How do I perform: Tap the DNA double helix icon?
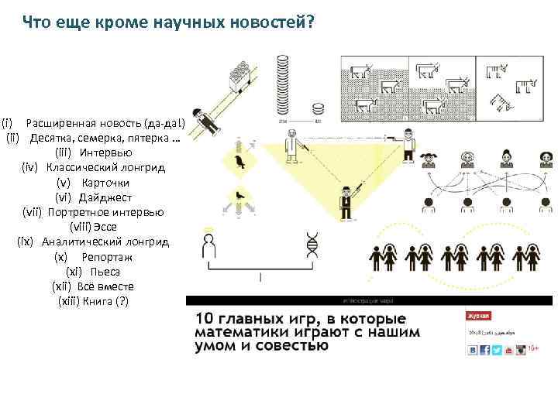pyautogui.click(x=312, y=245)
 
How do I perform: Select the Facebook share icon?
pyautogui.click(x=484, y=350)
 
